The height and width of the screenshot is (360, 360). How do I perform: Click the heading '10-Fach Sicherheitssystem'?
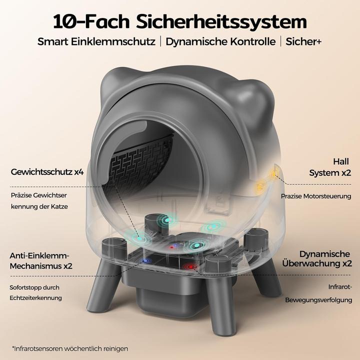(180, 21)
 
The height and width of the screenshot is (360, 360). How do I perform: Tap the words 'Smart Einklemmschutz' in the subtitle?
(96, 41)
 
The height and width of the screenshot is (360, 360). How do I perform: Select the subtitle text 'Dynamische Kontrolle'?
(221, 41)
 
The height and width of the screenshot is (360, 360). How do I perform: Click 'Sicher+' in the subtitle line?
(303, 41)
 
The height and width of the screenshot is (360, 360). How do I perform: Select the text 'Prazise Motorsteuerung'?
(315, 196)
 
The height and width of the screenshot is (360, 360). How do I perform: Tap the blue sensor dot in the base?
(145, 260)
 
